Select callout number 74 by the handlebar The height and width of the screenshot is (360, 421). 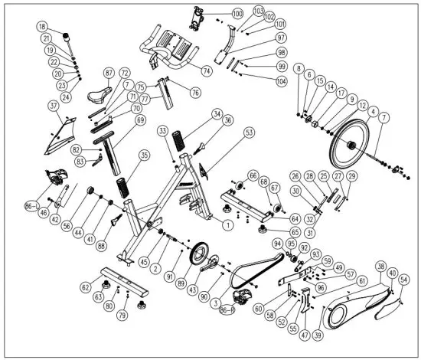pyautogui.click(x=206, y=70)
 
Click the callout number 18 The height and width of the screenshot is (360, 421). pyautogui.click(x=41, y=26)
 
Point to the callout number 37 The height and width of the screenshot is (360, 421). pyautogui.click(x=53, y=105)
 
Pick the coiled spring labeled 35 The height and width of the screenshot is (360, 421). pyautogui.click(x=122, y=186)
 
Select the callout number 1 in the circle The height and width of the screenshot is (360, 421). pyautogui.click(x=227, y=225)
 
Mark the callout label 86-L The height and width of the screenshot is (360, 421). pyautogui.click(x=31, y=207)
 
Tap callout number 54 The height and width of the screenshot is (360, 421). pyautogui.click(x=403, y=280)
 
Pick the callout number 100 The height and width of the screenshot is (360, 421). pyautogui.click(x=237, y=15)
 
